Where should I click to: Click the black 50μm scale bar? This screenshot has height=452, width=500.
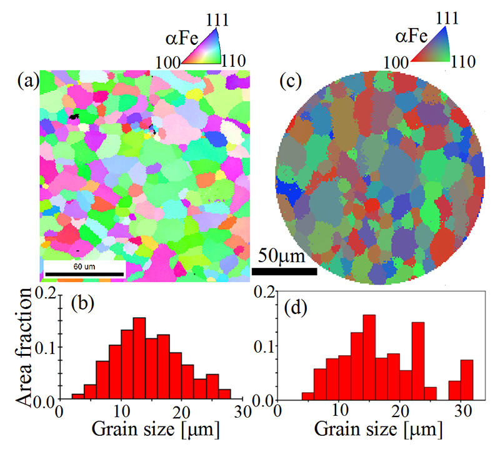click(284, 272)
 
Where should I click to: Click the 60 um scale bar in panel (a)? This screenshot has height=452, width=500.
click(84, 273)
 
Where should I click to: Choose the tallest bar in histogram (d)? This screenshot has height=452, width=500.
click(369, 357)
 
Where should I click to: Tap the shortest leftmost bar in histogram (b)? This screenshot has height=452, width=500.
click(77, 396)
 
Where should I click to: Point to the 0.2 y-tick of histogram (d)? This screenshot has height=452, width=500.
click(265, 292)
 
